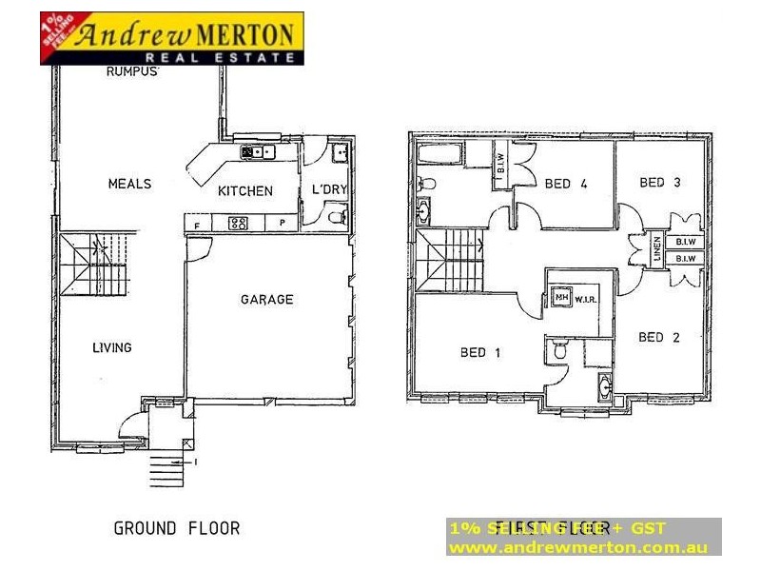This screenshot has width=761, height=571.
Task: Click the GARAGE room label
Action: point(266,300)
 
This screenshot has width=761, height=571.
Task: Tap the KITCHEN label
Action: point(245,191)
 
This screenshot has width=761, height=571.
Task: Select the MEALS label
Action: point(129,184)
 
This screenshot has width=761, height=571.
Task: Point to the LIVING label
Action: point(112,348)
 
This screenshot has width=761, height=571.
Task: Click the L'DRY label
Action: point(329,189)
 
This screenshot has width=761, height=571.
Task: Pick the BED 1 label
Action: point(480,353)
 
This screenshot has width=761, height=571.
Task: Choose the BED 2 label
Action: point(658,337)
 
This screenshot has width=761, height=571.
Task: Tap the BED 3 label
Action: point(659,183)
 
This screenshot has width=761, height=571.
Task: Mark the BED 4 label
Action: point(565,185)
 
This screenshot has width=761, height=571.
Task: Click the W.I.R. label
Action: point(584,298)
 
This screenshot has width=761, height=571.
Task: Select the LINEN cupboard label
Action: point(656,248)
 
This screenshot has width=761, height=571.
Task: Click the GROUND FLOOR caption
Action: point(177,528)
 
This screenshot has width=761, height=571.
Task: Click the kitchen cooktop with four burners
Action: point(238,225)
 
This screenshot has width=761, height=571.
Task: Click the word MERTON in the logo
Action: point(246,35)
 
